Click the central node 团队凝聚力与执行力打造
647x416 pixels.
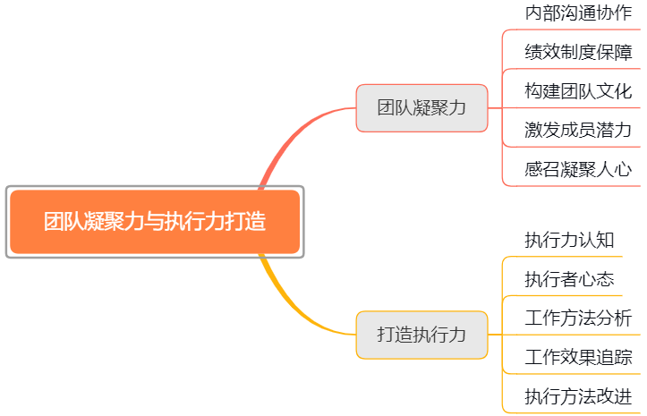[x=155, y=222]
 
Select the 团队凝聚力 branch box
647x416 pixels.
[x=421, y=108]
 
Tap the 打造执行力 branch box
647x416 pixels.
[x=421, y=335]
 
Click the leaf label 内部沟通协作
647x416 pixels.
[x=578, y=13]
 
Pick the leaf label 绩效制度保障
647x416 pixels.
[x=578, y=53]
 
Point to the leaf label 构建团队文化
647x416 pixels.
[x=578, y=91]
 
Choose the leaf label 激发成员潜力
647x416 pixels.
[x=578, y=130]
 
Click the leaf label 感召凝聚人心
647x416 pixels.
[x=578, y=168]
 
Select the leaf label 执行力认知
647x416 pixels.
[x=569, y=240]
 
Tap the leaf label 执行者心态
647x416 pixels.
[x=569, y=279]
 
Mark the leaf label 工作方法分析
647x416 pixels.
[x=578, y=318]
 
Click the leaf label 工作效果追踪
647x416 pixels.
[x=578, y=358]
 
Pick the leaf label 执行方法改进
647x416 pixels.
[x=578, y=396]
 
